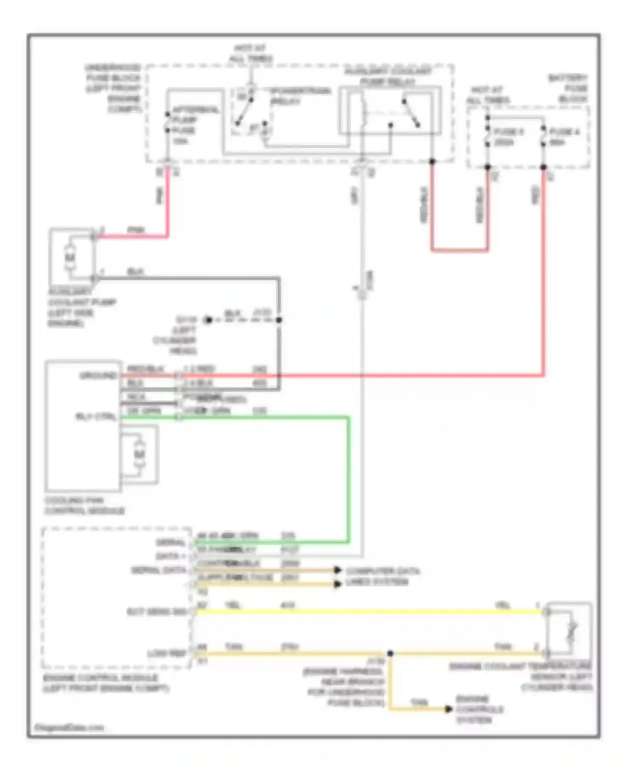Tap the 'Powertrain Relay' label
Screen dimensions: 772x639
301,96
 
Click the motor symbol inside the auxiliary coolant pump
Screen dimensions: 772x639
70,257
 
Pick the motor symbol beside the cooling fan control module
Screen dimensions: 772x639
139,455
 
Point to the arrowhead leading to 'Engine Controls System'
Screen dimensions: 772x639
448,709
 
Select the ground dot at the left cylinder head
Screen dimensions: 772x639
208,320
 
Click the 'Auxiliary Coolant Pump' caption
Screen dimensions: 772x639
81,307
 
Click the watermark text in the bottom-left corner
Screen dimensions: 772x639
69,727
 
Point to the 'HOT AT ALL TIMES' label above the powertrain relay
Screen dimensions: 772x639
251,54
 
